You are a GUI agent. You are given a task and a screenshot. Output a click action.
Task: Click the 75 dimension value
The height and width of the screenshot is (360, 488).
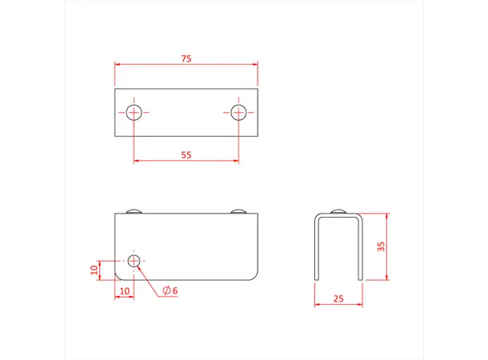(x=186, y=58)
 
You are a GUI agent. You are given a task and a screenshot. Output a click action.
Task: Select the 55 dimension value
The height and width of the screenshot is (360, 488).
(x=186, y=155)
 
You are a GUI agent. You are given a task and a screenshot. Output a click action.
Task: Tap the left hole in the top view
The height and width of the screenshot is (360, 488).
(x=134, y=112)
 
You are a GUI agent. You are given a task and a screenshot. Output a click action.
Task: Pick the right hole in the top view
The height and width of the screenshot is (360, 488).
(x=238, y=112)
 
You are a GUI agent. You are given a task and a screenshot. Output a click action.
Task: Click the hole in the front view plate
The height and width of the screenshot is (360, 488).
(x=134, y=260)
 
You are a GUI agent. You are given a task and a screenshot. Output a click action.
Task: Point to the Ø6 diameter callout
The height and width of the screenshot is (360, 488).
(x=169, y=290)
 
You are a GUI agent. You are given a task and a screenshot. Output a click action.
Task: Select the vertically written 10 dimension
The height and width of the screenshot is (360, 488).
(x=94, y=270)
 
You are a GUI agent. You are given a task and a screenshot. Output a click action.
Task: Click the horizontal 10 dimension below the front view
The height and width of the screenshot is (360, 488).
(x=124, y=290)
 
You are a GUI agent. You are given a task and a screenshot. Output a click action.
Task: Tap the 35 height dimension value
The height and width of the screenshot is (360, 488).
(x=382, y=246)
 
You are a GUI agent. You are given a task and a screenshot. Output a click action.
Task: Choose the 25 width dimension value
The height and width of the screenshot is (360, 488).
(x=338, y=298)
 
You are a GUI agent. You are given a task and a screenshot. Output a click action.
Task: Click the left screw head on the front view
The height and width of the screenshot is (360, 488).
(x=134, y=211)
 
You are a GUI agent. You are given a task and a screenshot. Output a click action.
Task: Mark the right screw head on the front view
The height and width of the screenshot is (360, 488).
(x=238, y=211)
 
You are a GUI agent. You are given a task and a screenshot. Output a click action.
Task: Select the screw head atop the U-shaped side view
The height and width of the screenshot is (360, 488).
(x=338, y=211)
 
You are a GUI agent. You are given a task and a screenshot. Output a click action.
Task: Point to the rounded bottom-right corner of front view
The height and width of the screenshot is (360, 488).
(x=254, y=274)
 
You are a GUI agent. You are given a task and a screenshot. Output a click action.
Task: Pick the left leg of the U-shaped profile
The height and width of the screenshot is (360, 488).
(x=316, y=248)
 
